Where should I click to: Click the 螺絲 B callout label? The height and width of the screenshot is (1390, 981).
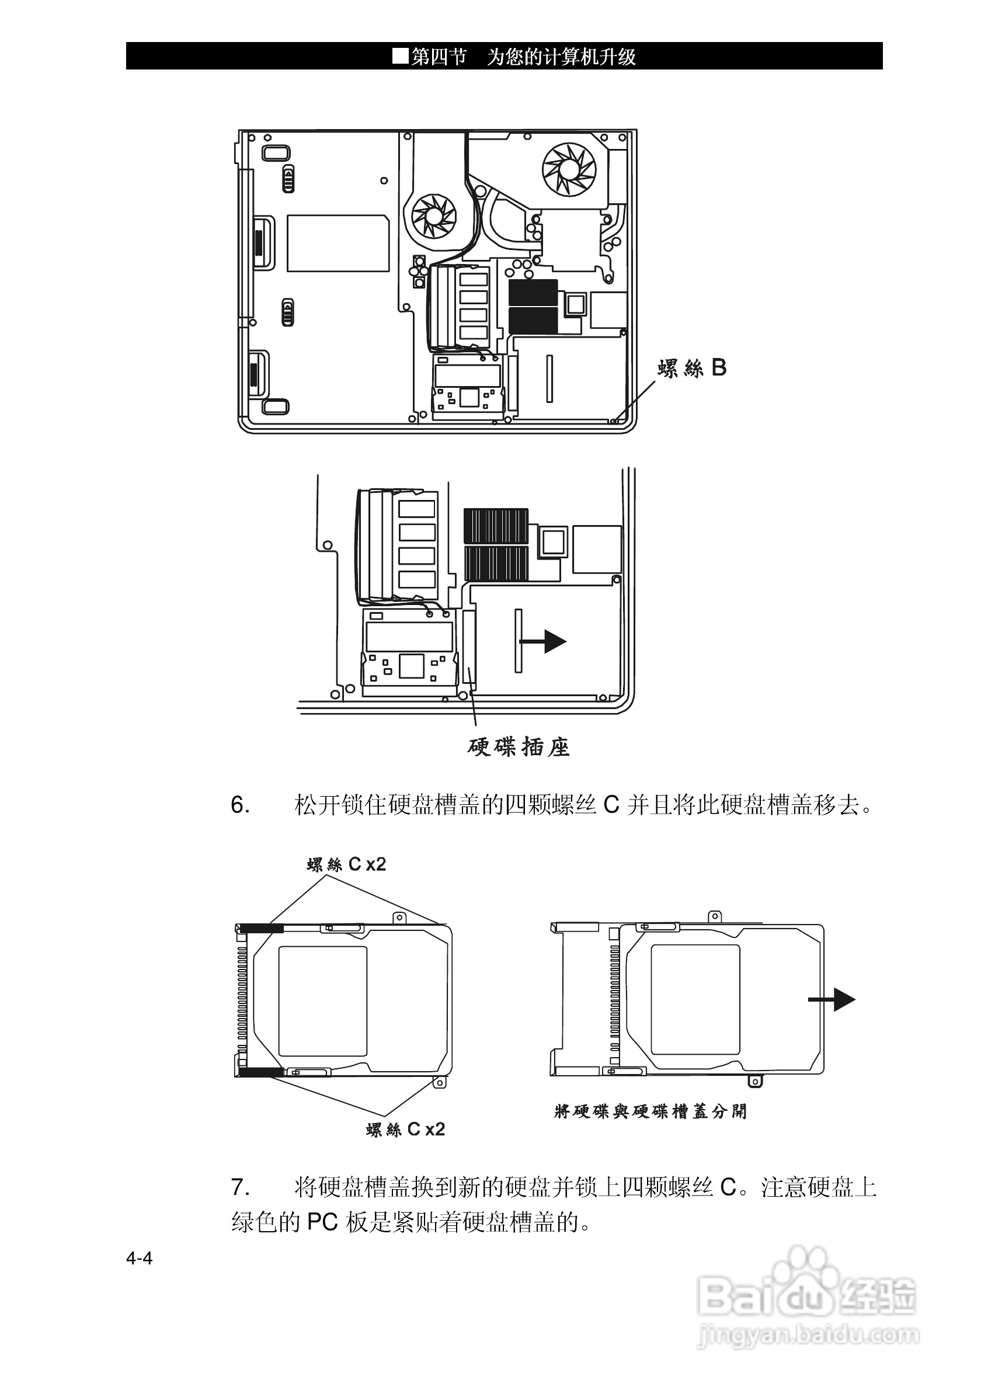(x=693, y=368)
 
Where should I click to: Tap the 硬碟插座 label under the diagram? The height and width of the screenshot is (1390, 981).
(x=519, y=748)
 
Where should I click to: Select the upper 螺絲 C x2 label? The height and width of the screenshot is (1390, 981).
(x=346, y=864)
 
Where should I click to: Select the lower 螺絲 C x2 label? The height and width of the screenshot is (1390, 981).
(x=405, y=1129)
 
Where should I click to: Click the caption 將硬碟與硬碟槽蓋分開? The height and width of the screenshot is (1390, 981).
(x=650, y=1111)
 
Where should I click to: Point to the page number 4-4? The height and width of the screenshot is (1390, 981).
(x=139, y=1259)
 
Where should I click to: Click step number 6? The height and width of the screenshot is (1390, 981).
(x=240, y=806)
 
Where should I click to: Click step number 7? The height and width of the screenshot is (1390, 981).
(x=240, y=1187)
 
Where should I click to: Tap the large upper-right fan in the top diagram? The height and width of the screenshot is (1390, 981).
(x=569, y=169)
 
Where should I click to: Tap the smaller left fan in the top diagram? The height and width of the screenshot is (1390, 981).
(x=433, y=216)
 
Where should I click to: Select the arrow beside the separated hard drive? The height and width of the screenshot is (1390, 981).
(x=832, y=999)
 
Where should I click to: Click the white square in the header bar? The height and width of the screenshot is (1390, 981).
(x=401, y=56)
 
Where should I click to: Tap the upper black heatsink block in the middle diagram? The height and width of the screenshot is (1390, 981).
(x=496, y=526)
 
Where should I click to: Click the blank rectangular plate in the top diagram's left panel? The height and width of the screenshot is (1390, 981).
(x=338, y=243)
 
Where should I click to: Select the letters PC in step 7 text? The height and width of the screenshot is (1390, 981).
(x=322, y=1222)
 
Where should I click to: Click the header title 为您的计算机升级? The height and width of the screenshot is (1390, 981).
(x=561, y=57)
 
